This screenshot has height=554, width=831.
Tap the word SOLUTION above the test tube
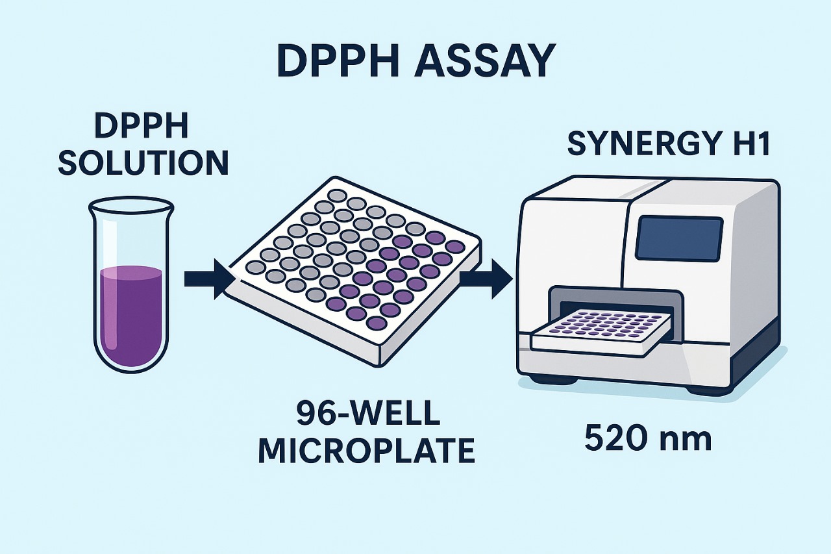tap(143, 163)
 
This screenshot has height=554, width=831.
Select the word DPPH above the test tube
tap(142, 127)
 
